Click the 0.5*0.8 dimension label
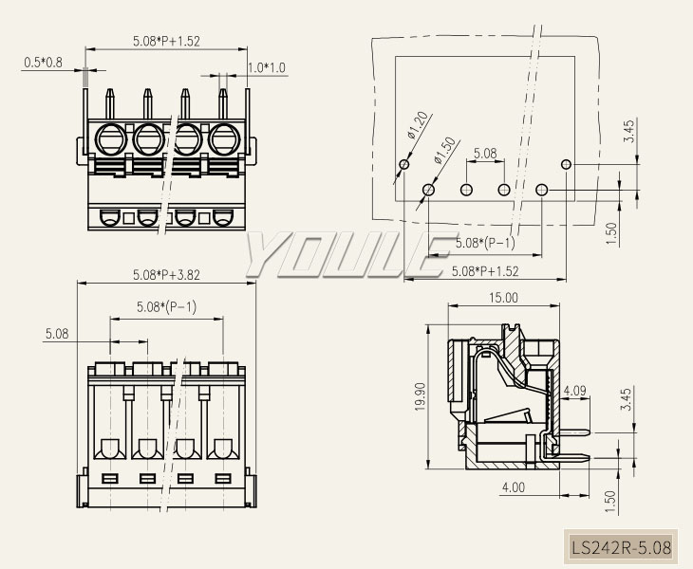[x=43, y=63]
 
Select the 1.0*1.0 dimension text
[x=266, y=67]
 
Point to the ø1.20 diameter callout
[x=419, y=124]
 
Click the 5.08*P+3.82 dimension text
[x=167, y=275]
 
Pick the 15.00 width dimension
[x=503, y=297]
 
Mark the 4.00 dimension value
[x=513, y=487]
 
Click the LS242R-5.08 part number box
[x=621, y=547]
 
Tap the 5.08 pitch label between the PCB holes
[x=484, y=154]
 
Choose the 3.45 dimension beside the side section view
[x=625, y=399]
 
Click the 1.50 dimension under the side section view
[x=609, y=495]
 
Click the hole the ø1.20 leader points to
[x=404, y=165]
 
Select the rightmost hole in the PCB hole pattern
[x=566, y=165]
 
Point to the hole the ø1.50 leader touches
[x=428, y=191]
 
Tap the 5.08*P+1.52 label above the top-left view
[x=167, y=41]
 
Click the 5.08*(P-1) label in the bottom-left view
[x=166, y=307]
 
